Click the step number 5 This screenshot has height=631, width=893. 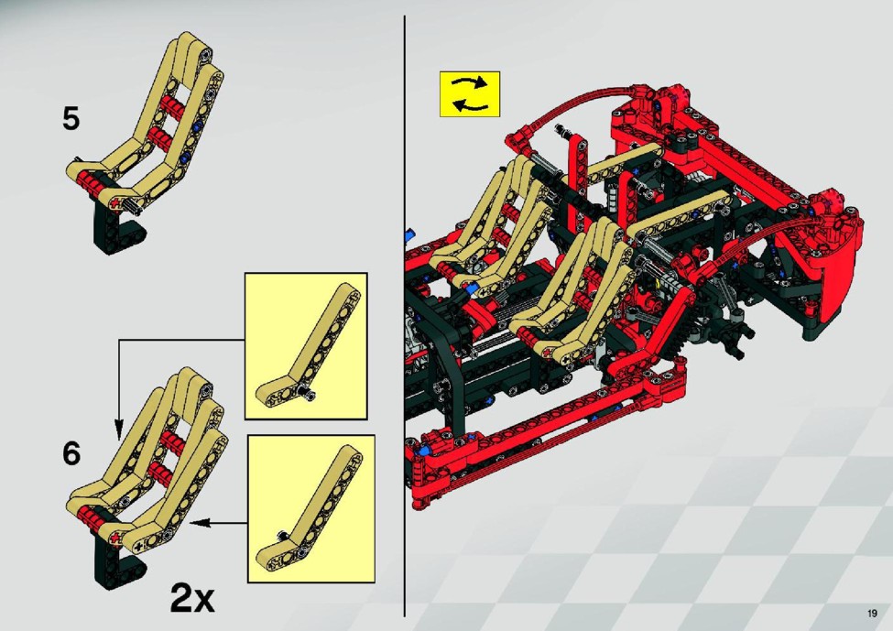71,119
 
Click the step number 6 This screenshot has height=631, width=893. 71,453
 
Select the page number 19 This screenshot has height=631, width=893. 872,614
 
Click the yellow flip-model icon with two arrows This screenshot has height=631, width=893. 469,94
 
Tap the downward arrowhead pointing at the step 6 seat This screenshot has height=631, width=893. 118,429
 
